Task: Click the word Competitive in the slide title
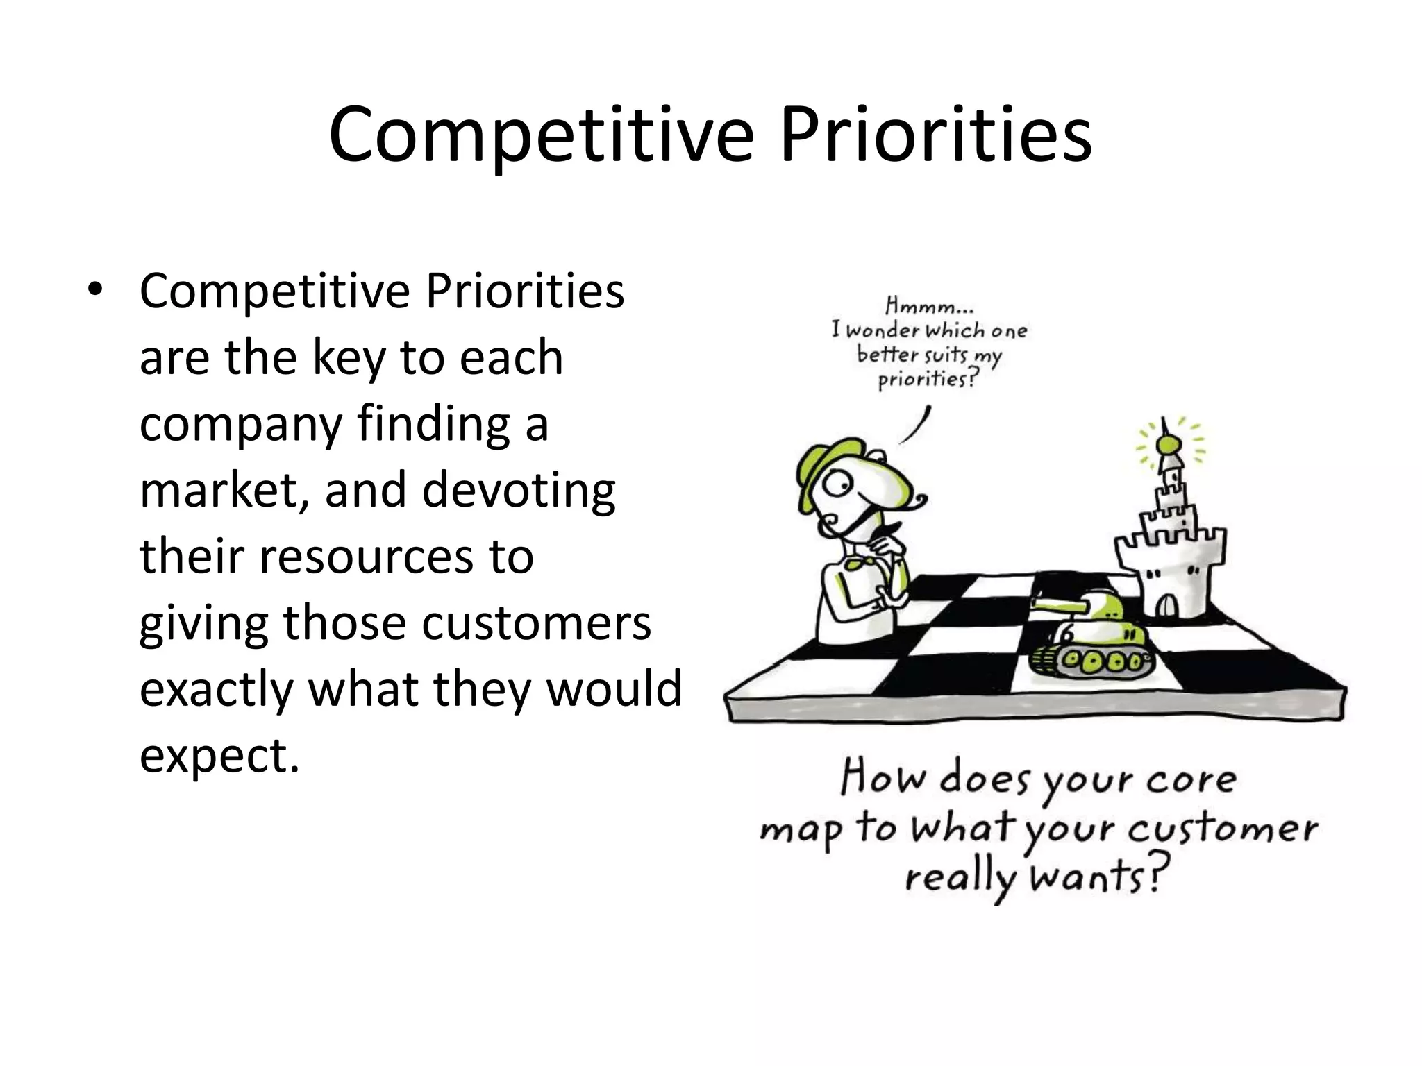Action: [541, 134]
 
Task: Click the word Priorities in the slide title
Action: [935, 134]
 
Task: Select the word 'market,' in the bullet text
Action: [224, 491]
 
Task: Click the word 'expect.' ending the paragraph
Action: [219, 756]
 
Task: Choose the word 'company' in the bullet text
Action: [240, 425]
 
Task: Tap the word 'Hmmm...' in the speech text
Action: [929, 305]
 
